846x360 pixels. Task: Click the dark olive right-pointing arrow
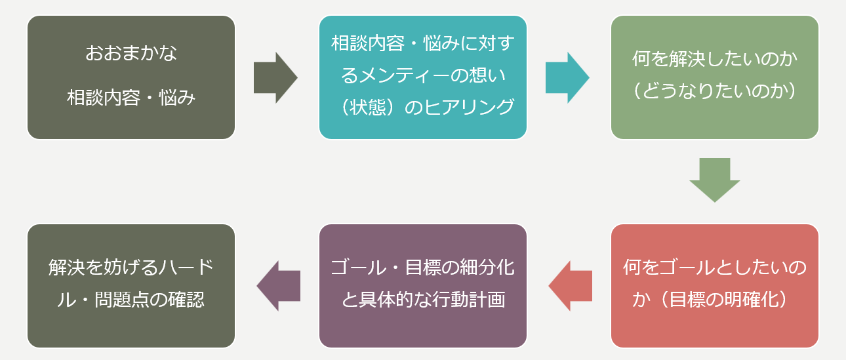[275, 77]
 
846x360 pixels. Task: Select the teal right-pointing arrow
[567, 77]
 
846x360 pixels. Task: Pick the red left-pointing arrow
[571, 286]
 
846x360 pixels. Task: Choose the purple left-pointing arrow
[279, 286]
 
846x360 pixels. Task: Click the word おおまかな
[131, 53]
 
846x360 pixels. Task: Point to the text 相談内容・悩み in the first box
[131, 98]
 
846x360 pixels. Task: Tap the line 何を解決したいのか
[715, 60]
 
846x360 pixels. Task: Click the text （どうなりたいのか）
[715, 91]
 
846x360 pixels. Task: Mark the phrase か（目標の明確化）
[715, 300]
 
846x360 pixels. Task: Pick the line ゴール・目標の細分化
[423, 268]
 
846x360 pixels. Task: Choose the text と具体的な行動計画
[423, 300]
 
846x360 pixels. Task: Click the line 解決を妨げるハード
[131, 268]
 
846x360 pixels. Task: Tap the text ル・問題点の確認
[131, 300]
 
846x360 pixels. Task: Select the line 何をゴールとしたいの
[715, 268]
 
